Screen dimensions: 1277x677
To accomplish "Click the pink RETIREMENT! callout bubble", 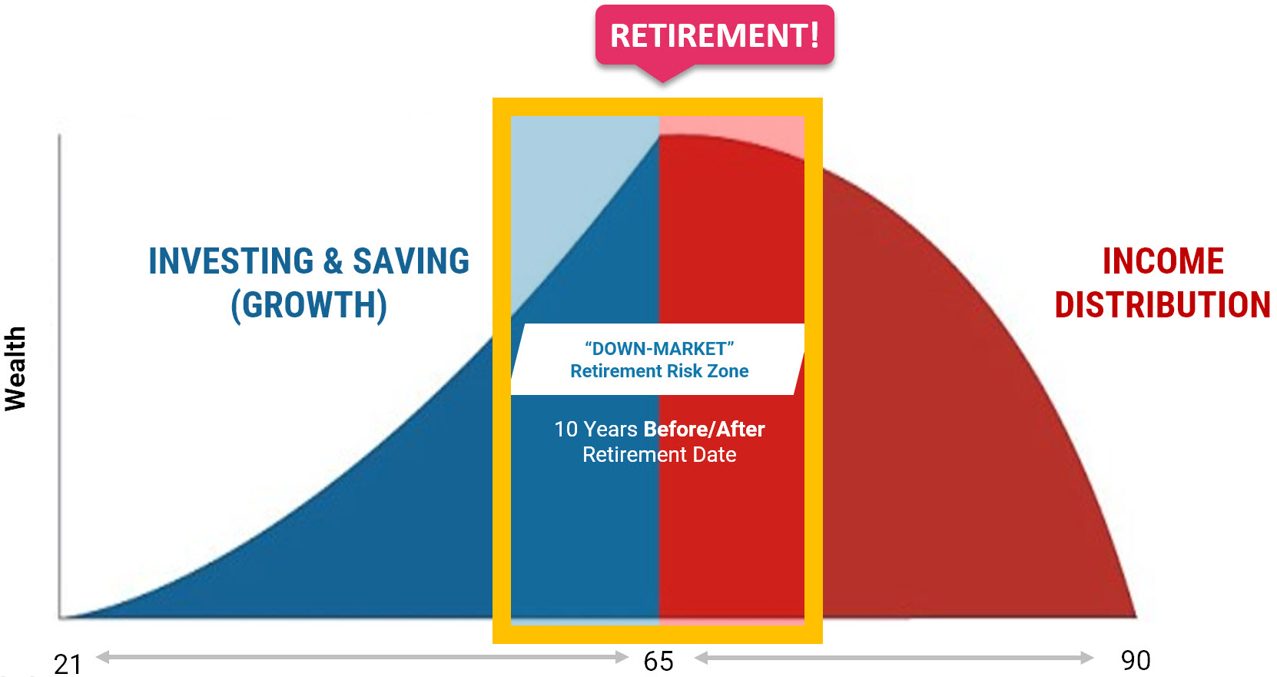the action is pos(715,35).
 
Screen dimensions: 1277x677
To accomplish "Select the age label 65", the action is pos(658,662).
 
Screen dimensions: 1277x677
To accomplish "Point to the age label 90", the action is pos(1136,660).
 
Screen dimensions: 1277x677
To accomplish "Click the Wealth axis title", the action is pos(15,368).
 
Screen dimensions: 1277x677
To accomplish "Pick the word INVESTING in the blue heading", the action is pos(231,261).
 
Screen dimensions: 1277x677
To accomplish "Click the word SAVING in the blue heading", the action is pos(411,261).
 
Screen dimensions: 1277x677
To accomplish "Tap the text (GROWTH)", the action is pos(309,306).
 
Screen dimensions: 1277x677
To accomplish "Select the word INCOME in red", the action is pos(1163,261).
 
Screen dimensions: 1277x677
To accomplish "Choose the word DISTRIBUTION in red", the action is pos(1163,304).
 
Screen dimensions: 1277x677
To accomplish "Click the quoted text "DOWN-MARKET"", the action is pos(659,348).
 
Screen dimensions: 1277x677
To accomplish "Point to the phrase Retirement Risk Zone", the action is pos(659,371).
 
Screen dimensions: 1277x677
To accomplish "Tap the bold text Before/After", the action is pos(704,429).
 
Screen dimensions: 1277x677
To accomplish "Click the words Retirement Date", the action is pos(659,455).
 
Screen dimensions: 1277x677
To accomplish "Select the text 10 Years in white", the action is pos(595,429).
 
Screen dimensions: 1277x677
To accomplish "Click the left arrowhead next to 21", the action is pos(103,657).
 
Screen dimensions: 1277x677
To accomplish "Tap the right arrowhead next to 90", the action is pos(1086,658).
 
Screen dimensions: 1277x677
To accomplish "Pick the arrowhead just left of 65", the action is pos(622,657).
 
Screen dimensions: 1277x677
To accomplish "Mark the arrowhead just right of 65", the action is pos(702,658).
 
